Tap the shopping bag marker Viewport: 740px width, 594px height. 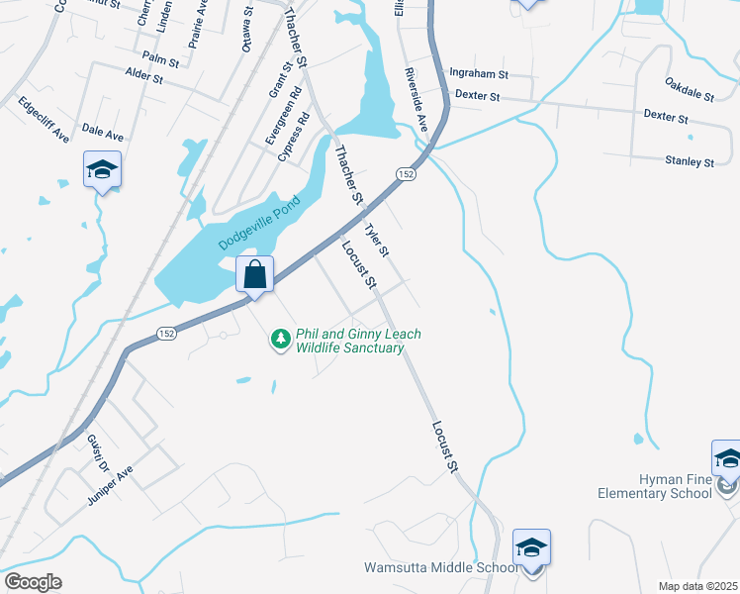click(x=255, y=274)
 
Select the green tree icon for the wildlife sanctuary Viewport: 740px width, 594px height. click(x=281, y=340)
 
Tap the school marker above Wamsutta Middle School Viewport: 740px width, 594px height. click(x=531, y=547)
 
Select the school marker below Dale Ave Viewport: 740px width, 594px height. click(x=102, y=170)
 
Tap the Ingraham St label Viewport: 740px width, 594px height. click(x=478, y=73)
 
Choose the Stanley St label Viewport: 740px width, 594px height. click(x=690, y=160)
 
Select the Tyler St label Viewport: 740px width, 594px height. click(x=377, y=240)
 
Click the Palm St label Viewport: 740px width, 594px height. click(x=160, y=60)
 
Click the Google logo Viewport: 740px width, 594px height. click(x=33, y=582)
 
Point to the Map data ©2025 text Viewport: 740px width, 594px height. click(x=696, y=586)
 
